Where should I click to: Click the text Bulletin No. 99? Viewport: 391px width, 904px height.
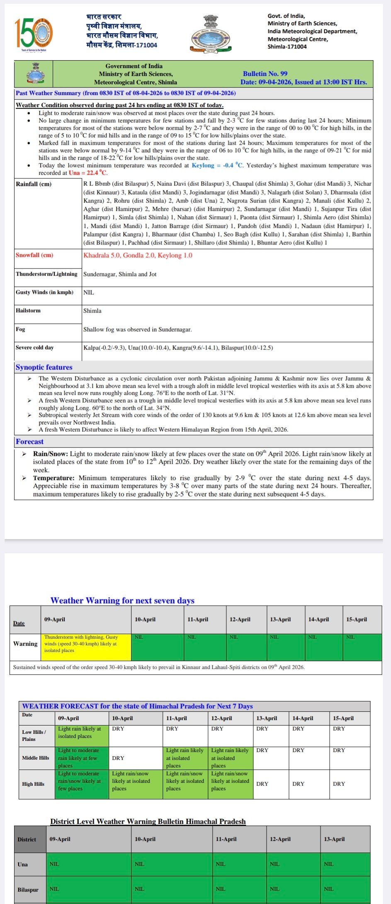click(265, 73)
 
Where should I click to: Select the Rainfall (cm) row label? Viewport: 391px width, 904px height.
click(34, 184)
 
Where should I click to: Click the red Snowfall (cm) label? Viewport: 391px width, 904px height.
click(34, 255)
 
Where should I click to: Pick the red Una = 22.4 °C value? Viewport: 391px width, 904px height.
click(87, 173)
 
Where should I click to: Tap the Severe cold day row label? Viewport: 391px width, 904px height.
click(35, 347)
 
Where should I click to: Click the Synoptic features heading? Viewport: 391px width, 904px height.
click(44, 367)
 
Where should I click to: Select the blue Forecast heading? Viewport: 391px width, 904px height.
click(29, 442)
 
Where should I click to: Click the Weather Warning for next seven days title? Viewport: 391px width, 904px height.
click(122, 600)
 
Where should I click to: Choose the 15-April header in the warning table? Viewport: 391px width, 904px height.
click(356, 619)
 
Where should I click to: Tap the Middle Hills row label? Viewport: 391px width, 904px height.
click(36, 758)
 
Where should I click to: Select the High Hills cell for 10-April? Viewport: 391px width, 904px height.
click(136, 781)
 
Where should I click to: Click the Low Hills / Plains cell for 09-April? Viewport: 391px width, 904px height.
click(82, 735)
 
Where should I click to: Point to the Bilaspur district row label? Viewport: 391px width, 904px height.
click(28, 889)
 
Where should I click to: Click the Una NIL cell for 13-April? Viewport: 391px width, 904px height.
click(345, 864)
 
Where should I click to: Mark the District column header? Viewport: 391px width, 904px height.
click(27, 839)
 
